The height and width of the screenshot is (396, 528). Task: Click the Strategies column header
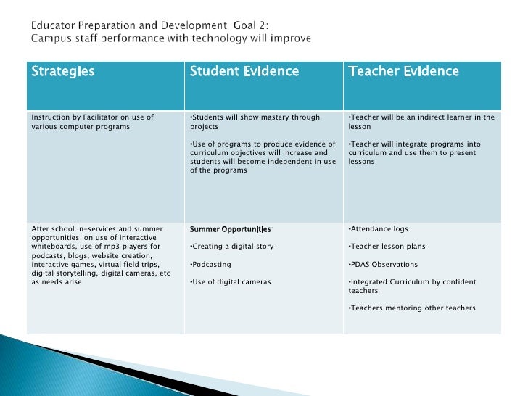coord(62,71)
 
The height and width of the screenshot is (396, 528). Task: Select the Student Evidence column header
coord(244,71)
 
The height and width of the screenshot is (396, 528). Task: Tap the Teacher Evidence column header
coord(403,71)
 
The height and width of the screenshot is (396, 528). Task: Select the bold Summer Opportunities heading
coord(230,229)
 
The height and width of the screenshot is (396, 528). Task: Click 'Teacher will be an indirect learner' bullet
coord(421,121)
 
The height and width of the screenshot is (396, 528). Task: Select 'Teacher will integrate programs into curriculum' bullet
coord(414,152)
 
